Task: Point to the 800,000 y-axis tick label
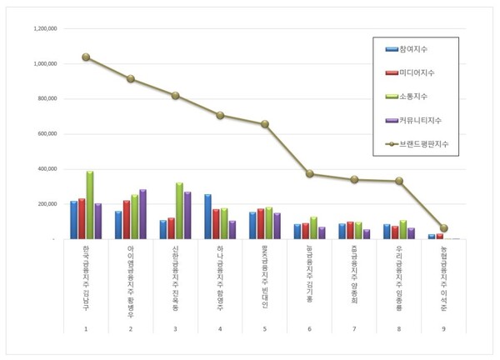tap(44, 98)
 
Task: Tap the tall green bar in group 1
tap(90, 205)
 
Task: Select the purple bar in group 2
tap(142, 214)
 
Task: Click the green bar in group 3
tap(179, 211)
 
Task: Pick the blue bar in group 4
tap(207, 217)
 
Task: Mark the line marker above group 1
tap(86, 57)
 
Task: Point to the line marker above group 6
tap(310, 174)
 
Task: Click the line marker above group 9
tap(444, 227)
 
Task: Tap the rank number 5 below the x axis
tap(265, 329)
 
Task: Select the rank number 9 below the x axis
tap(444, 329)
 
